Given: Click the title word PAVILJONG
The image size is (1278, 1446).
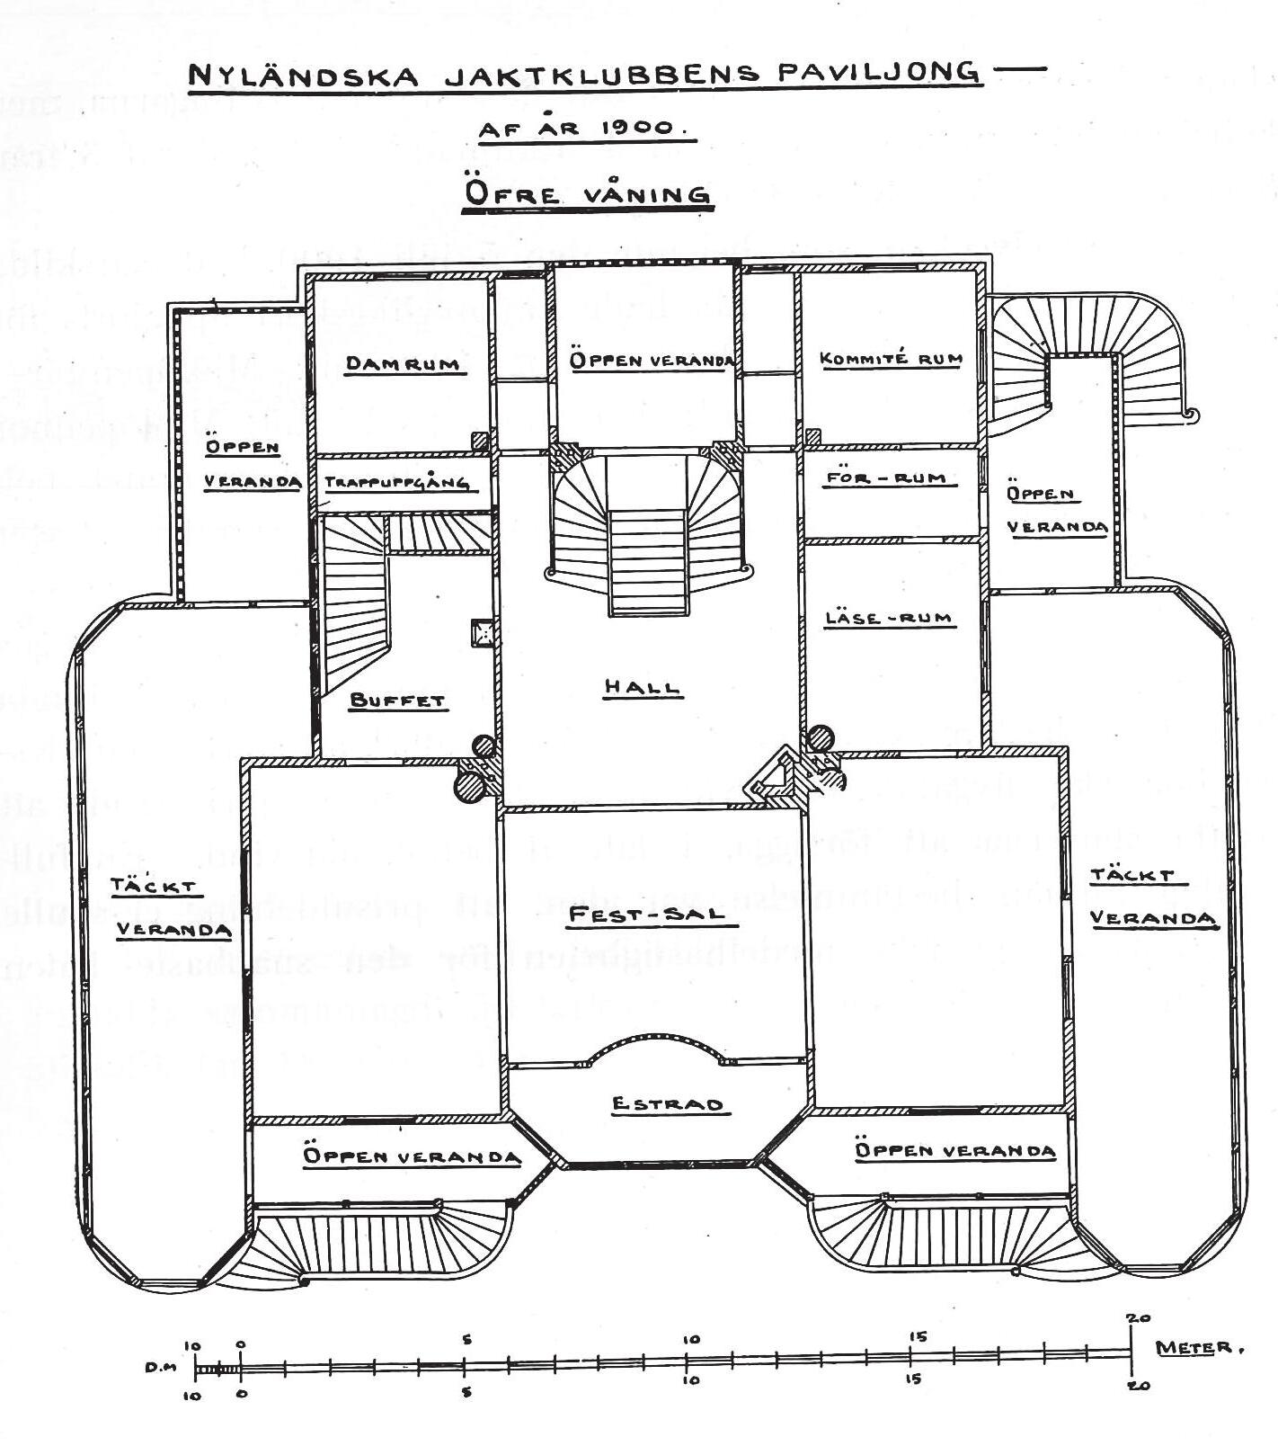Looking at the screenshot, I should tap(878, 72).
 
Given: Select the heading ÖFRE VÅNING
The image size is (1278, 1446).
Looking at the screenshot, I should tap(586, 194).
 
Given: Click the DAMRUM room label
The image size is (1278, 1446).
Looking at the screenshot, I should tap(403, 363).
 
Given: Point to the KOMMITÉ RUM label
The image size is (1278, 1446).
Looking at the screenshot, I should tap(891, 358).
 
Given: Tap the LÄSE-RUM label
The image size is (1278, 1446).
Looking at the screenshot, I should tap(888, 619).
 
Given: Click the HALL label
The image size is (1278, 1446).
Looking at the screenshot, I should tap(642, 687).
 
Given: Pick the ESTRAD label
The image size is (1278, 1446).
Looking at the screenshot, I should tap(666, 1103).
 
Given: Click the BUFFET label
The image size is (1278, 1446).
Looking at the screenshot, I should tap(397, 700).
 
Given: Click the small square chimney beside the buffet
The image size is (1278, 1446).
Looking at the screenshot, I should tap(484, 632).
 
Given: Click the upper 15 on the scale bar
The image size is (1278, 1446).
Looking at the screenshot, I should tap(917, 1337).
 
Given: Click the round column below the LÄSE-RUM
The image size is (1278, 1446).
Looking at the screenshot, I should tap(820, 738).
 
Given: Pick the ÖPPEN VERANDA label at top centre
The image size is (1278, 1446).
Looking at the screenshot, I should tap(652, 360).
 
